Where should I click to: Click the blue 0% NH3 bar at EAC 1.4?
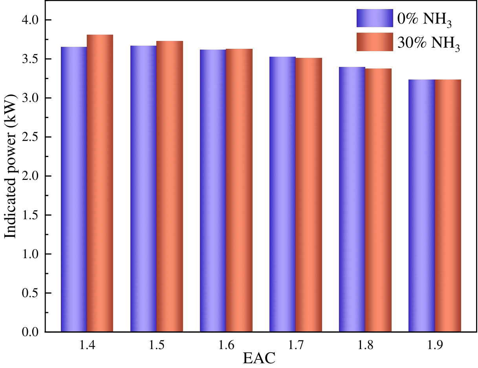[x=74, y=189]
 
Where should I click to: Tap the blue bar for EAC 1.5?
[x=143, y=189]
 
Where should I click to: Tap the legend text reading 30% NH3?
[x=429, y=43]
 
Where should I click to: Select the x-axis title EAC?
[x=259, y=358]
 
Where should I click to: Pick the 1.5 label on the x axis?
[x=157, y=345]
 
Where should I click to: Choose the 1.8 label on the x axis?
[x=365, y=345]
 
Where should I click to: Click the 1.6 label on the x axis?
[x=226, y=345]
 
